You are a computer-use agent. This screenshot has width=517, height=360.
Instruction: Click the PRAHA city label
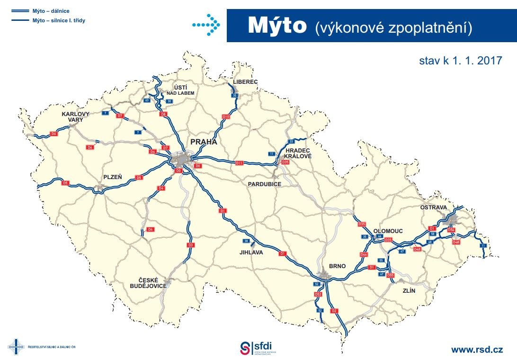pyautogui.click(x=204, y=142)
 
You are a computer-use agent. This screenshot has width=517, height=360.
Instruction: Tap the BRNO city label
pyautogui.click(x=338, y=266)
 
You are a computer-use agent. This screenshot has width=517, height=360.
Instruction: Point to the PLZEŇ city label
pyautogui.click(x=113, y=177)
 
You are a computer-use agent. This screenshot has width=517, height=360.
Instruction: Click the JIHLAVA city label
pyautogui.click(x=251, y=252)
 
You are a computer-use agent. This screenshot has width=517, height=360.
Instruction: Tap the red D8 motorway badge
pyautogui.click(x=163, y=114)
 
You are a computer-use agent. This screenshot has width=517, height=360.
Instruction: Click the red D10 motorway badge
pyautogui.click(x=226, y=117)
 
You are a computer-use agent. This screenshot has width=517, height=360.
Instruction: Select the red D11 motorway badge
pyautogui.click(x=239, y=163)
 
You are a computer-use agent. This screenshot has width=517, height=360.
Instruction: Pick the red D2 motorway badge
pyautogui.click(x=334, y=310)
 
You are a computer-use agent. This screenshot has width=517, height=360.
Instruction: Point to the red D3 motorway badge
pyautogui.click(x=190, y=245)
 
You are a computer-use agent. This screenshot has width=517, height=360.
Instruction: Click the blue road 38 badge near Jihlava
pyautogui.click(x=246, y=241)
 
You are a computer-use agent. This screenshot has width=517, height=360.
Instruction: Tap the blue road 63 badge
pyautogui.click(x=147, y=100)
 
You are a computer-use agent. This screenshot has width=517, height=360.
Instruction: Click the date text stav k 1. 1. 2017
pyautogui.click(x=460, y=61)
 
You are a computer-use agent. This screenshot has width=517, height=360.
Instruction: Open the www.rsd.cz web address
pyautogui.click(x=477, y=350)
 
